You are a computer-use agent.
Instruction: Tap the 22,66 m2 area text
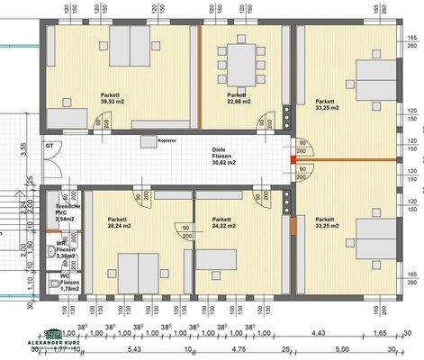tap(239, 101)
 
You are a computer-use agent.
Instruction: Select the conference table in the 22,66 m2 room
tap(240, 63)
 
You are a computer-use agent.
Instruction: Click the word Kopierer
tap(166, 141)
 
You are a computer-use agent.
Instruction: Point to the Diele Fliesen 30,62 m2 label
tap(224, 156)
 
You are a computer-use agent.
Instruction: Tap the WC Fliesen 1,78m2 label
tap(66, 282)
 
